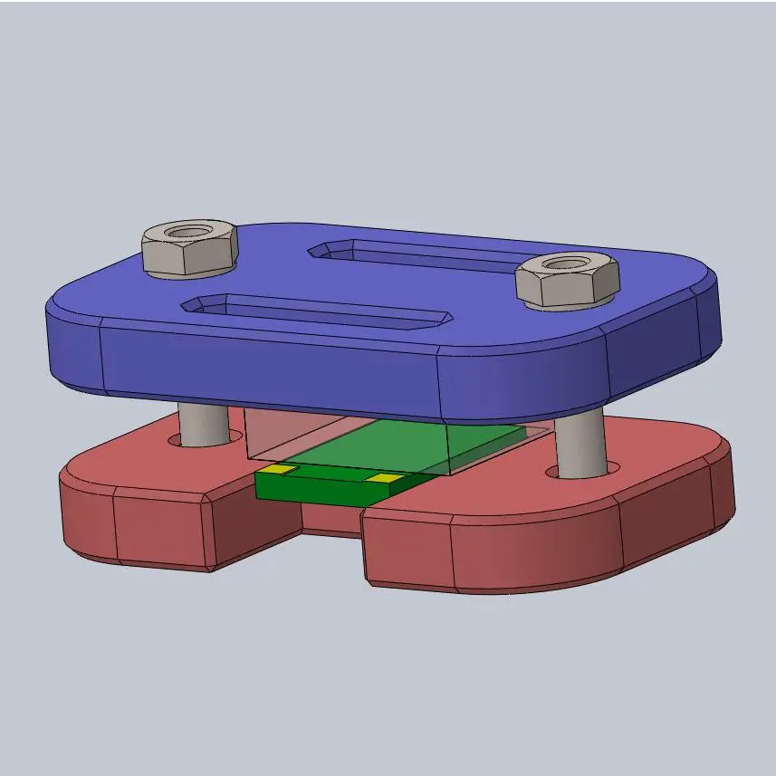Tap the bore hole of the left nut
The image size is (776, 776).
tap(188, 233)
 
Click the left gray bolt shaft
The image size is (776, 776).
tap(202, 424)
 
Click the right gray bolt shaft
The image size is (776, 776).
tap(580, 444)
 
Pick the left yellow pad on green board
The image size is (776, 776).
tap(278, 470)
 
